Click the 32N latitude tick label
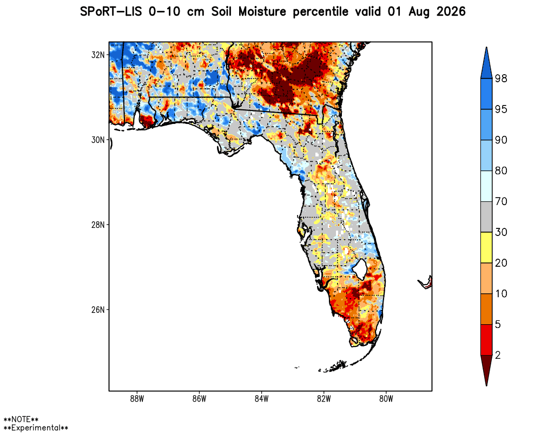click(97, 55)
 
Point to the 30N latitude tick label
click(97, 140)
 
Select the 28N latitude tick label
click(97, 225)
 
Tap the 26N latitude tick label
click(97, 310)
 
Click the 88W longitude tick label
click(137, 399)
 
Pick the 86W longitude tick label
click(199, 399)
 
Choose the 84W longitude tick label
click(261, 399)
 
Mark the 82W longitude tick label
click(324, 399)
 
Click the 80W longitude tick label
click(386, 399)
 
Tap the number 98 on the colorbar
click(501, 78)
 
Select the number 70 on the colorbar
click(501, 201)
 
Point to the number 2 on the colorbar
click(498, 355)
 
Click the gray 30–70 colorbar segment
click(486, 216)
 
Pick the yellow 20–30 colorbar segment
click(486, 247)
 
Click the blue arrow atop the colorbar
click(486, 63)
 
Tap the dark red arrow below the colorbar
click(486, 369)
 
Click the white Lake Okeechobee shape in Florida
click(361, 269)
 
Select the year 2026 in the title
click(451, 12)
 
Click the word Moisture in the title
click(262, 12)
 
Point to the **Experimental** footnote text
click(36, 428)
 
